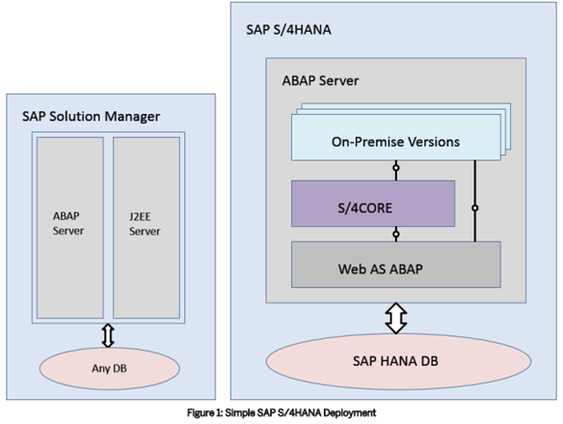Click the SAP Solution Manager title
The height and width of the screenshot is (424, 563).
click(x=90, y=117)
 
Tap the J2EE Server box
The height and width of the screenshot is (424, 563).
click(x=146, y=228)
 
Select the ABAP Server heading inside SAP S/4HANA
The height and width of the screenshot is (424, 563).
click(x=320, y=80)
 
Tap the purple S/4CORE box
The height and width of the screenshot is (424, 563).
click(x=372, y=204)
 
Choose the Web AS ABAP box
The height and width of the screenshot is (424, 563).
click(x=395, y=263)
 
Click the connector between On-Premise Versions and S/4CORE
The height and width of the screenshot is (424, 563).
click(x=395, y=170)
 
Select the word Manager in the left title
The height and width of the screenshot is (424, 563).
click(x=132, y=117)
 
